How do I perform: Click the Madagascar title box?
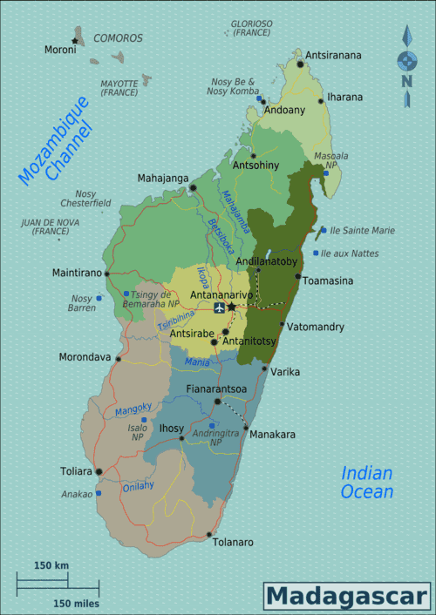(x=348, y=596)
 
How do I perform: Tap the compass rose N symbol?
(x=407, y=81)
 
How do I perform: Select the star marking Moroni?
(x=76, y=40)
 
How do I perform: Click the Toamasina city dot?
(x=298, y=277)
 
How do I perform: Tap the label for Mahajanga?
(x=162, y=178)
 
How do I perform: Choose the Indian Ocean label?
(x=367, y=482)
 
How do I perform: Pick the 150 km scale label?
(x=51, y=566)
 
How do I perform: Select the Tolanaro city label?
(x=233, y=542)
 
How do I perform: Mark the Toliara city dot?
(x=99, y=471)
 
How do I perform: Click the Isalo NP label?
(x=138, y=432)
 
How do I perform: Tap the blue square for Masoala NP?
(x=325, y=172)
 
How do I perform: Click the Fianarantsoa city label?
(x=216, y=389)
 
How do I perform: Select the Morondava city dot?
(x=118, y=357)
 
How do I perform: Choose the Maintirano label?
(x=77, y=273)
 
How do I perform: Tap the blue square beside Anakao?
(x=99, y=493)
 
